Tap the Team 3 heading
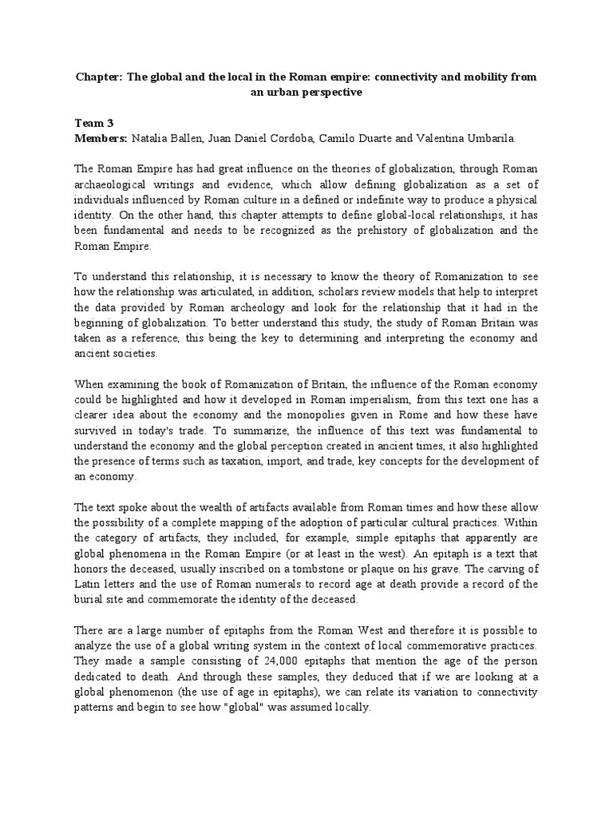tap(94, 123)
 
